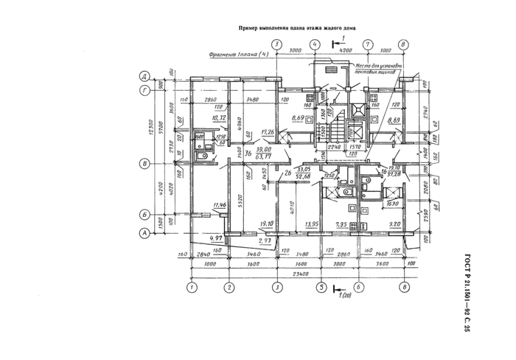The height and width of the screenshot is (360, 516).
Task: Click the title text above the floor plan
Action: point(298,29)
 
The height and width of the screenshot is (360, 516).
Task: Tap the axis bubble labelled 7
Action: point(366,44)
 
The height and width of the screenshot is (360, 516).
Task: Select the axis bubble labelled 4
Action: point(315,44)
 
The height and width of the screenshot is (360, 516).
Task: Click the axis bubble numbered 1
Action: point(191,287)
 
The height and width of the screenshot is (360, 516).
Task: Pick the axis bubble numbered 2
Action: point(229,287)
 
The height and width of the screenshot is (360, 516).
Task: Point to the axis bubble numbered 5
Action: point(321,287)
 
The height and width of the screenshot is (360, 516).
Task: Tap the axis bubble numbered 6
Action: point(358,287)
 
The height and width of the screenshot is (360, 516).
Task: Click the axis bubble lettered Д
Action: point(146,76)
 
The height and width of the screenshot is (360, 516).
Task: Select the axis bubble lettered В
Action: point(146,164)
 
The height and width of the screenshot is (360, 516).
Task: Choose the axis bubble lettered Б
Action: point(146,215)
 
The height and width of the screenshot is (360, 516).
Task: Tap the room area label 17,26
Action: point(268,132)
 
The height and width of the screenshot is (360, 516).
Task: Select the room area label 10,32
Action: point(217,117)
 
